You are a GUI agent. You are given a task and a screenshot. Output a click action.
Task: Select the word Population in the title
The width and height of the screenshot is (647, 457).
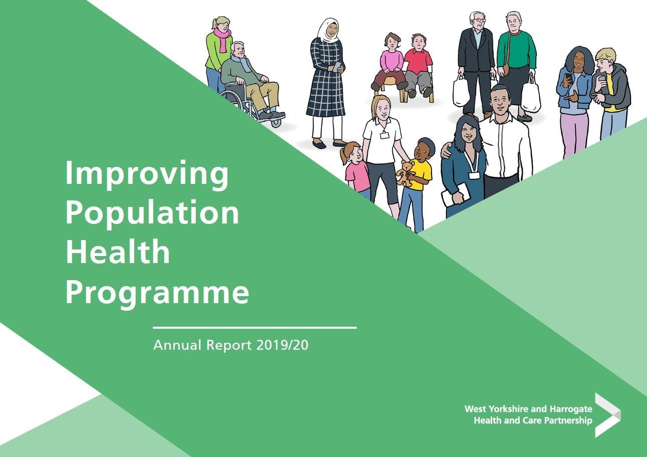point(152,212)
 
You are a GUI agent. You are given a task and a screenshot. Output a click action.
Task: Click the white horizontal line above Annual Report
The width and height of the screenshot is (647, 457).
point(255,328)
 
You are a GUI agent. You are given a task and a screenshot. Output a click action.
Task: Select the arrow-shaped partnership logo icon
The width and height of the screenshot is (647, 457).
point(607,415)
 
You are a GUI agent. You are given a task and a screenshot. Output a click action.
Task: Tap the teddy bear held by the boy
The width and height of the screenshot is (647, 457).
point(405,173)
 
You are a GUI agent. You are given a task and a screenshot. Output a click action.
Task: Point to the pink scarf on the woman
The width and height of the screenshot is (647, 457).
point(222,39)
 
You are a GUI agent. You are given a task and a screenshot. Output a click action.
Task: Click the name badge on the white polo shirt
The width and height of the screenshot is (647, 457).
point(384,135)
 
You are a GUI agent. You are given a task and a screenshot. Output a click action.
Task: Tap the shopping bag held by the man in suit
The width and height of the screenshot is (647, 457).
point(461,91)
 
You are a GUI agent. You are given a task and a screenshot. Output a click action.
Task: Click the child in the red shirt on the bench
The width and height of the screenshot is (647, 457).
point(418,63)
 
